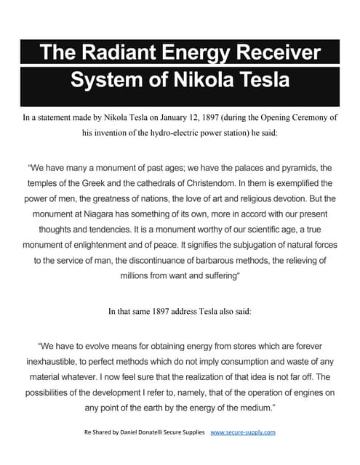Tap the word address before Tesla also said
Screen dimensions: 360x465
point(186,311)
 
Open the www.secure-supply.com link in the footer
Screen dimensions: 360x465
point(243,432)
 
